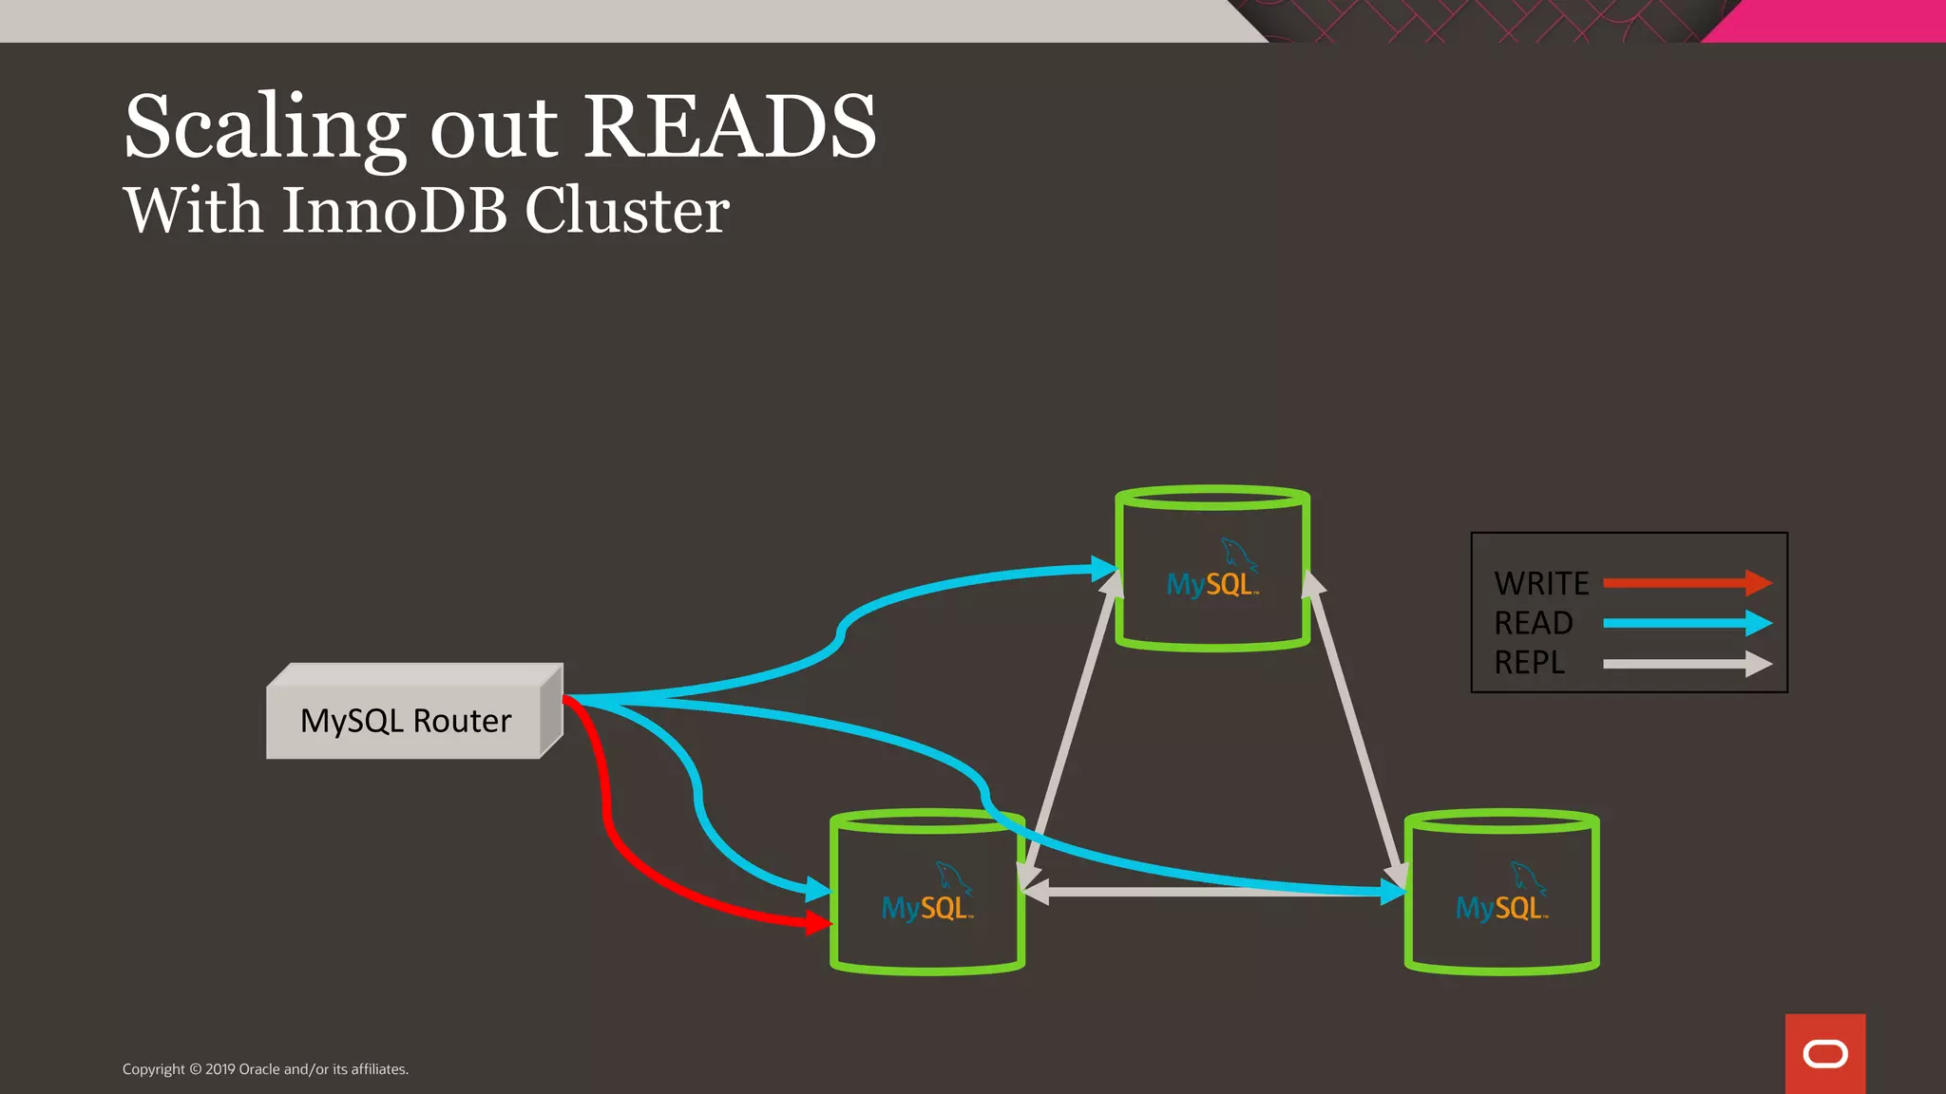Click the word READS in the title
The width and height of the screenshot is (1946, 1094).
(729, 128)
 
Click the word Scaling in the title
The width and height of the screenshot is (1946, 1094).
(265, 128)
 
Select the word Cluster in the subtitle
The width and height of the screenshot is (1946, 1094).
(626, 210)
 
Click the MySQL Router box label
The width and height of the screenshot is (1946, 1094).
(406, 721)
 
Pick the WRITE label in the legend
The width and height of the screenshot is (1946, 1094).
(1540, 583)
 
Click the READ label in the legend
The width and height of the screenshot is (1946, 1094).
(1533, 623)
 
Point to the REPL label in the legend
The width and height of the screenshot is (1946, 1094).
(1529, 663)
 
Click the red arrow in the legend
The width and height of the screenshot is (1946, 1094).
(1687, 583)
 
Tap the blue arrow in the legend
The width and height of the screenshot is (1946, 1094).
(1687, 623)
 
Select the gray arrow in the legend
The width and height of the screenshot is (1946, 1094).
(1687, 664)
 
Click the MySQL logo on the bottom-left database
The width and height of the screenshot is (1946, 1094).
(927, 896)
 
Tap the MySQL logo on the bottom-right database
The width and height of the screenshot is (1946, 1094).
(1501, 896)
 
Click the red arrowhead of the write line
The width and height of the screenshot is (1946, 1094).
(818, 922)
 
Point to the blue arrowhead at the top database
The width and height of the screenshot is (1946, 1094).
(1104, 569)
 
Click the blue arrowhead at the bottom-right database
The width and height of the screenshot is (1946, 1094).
(1393, 892)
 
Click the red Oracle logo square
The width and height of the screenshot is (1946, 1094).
(1824, 1053)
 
